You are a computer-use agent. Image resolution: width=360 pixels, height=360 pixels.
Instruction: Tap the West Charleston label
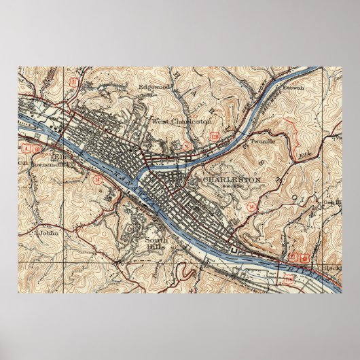(181, 121)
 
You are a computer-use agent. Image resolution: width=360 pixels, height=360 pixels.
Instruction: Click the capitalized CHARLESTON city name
(232, 179)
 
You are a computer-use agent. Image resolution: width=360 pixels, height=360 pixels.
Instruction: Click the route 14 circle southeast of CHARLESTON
(252, 205)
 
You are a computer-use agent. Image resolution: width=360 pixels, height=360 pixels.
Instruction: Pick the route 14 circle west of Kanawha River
(98, 180)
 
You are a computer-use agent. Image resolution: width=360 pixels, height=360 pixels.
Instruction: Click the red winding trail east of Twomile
(296, 130)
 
